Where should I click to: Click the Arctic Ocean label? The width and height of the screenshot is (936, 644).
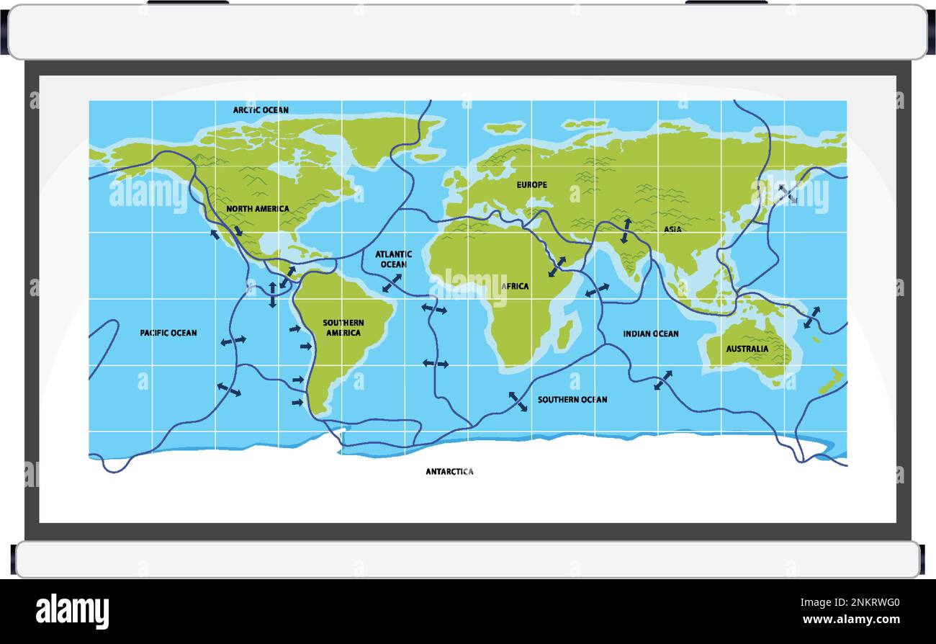point(261,110)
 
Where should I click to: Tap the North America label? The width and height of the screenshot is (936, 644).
point(257,209)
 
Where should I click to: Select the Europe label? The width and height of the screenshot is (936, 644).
point(531,185)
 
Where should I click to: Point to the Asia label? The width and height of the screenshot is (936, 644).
point(672,229)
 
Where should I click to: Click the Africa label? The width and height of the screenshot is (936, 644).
point(516,286)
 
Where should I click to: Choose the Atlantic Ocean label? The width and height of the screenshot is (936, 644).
point(393,259)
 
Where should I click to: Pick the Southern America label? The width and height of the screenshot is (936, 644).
point(343,328)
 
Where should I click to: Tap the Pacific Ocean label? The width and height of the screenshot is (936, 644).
point(168,333)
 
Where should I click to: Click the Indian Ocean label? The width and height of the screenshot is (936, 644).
point(651,334)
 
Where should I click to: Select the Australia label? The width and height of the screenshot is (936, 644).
point(747,349)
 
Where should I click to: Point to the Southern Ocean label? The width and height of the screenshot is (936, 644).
point(572,399)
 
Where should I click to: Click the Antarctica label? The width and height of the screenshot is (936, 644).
point(449,472)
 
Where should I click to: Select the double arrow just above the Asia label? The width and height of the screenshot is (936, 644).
point(626,230)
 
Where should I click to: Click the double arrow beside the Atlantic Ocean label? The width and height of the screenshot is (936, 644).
point(392,283)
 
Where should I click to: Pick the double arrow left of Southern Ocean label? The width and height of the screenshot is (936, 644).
point(518,401)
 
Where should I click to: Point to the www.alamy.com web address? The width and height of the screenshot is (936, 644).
point(850,620)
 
